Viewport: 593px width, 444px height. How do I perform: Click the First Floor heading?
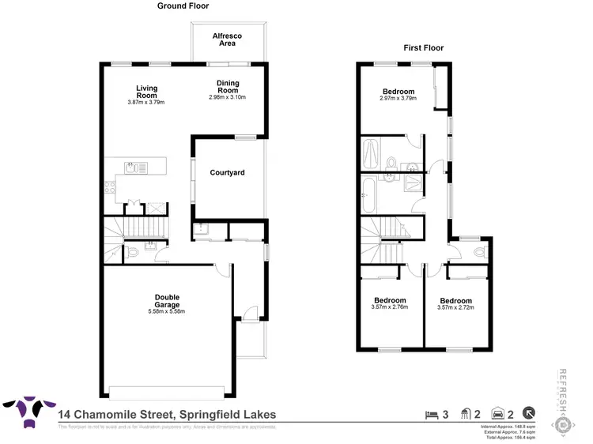(424, 47)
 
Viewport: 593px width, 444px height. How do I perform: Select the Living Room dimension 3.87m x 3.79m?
(145, 102)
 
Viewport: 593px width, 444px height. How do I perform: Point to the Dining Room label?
(228, 87)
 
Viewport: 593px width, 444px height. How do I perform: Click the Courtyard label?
(227, 172)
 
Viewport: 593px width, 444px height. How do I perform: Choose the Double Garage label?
(166, 301)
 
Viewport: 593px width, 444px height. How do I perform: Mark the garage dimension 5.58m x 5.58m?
(166, 311)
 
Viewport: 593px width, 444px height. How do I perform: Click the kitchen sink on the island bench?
(133, 167)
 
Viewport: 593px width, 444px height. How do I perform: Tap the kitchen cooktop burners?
(110, 186)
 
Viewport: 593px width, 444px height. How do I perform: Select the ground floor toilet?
(133, 252)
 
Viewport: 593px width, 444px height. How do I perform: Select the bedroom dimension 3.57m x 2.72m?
(455, 308)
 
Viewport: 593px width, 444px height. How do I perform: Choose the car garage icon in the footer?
(497, 413)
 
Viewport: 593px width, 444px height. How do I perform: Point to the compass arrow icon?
(528, 413)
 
